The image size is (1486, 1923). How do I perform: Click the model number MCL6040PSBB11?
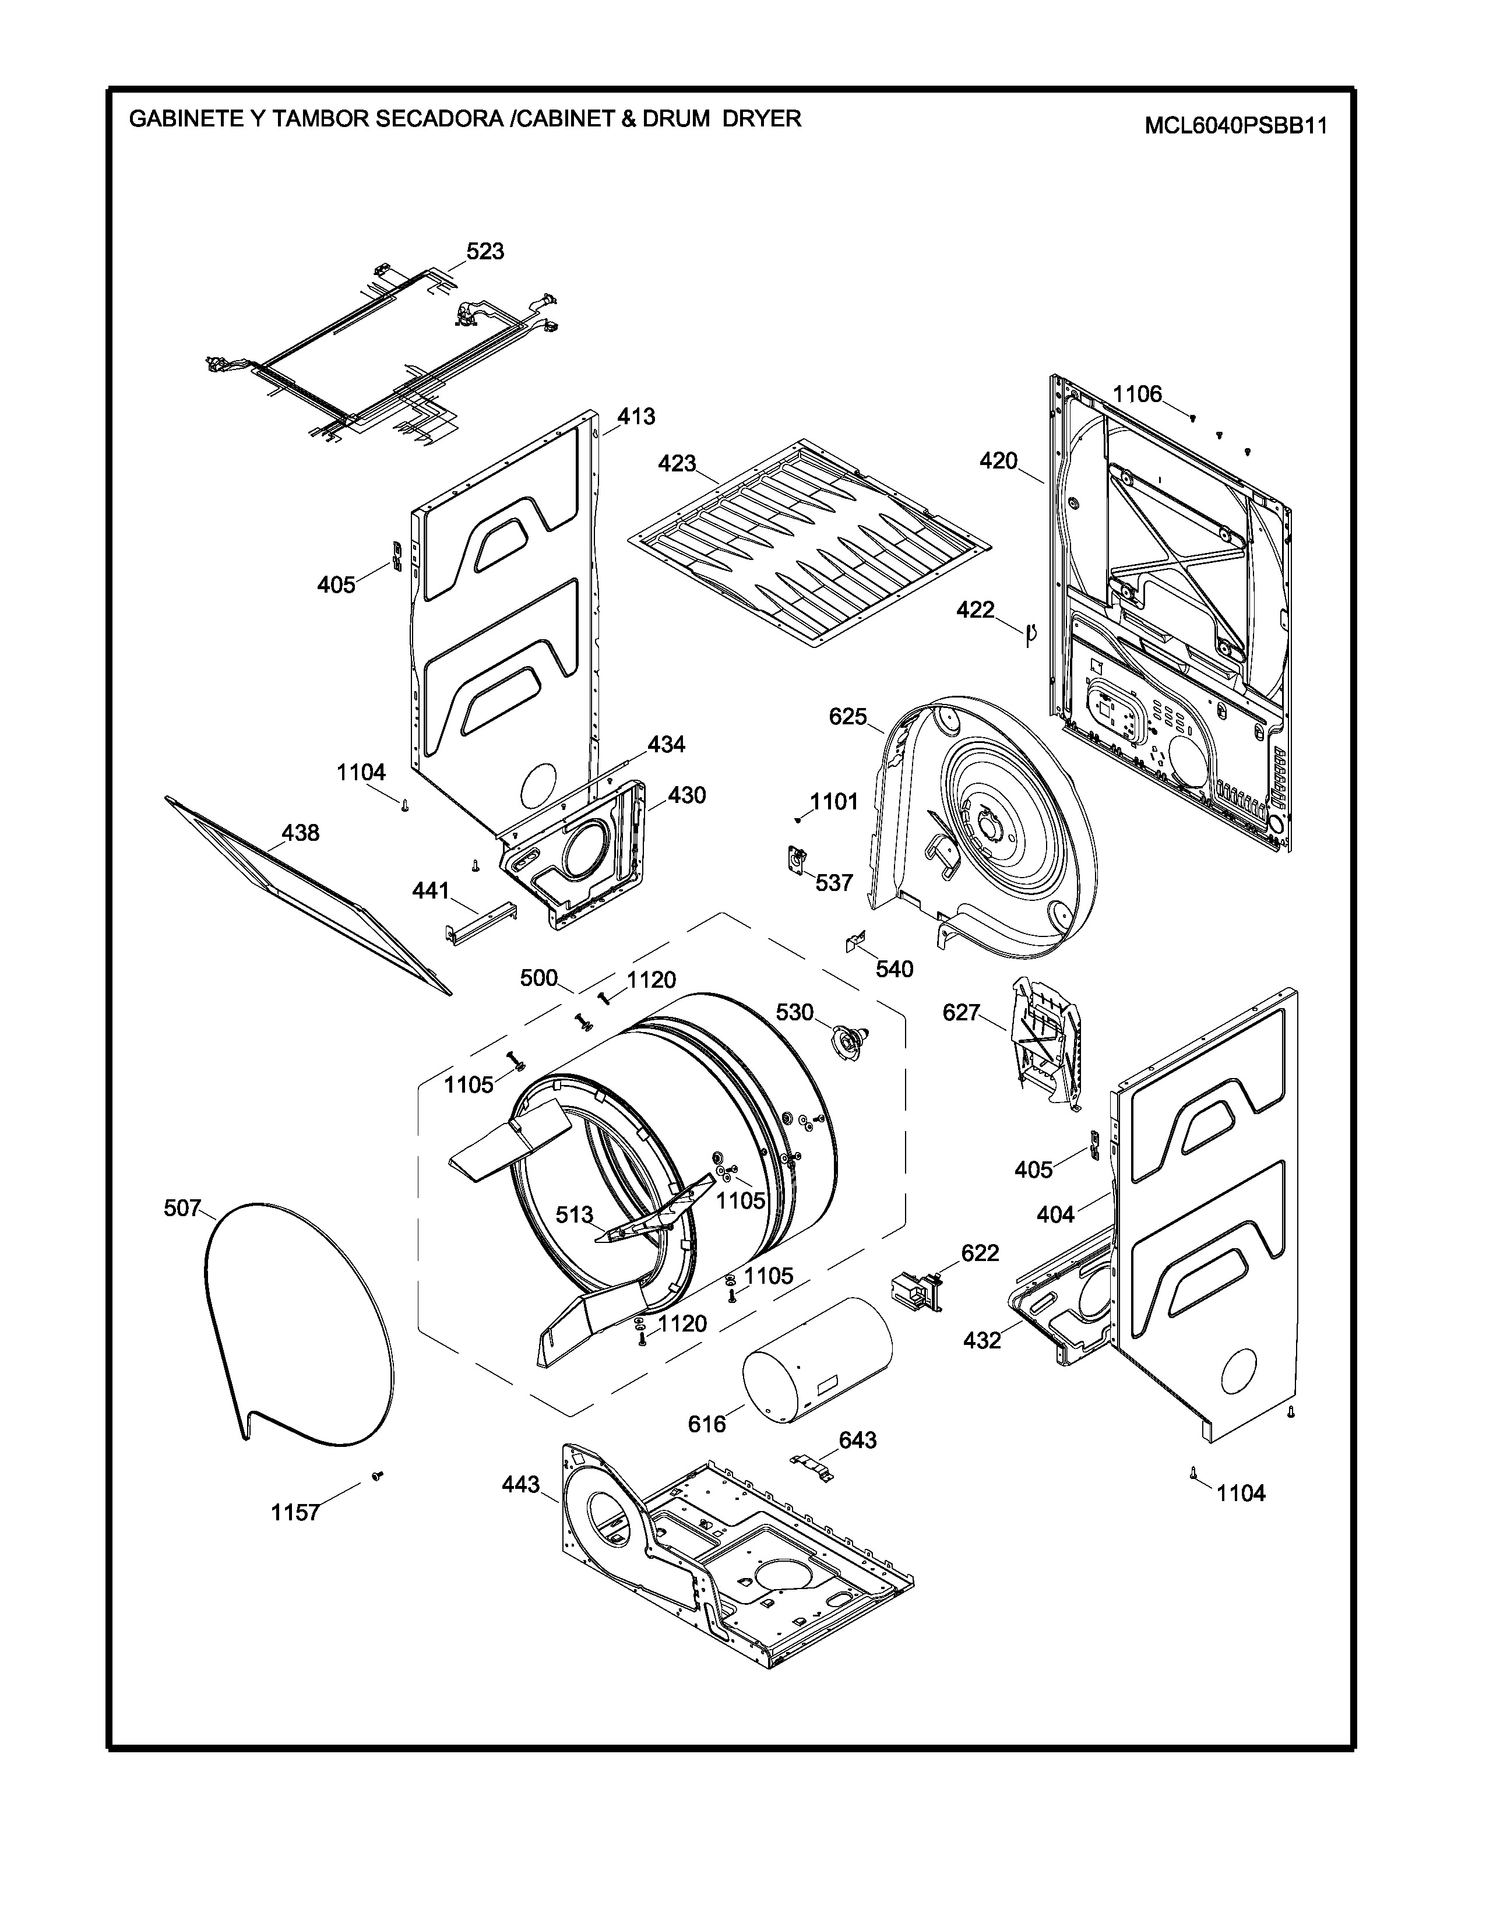tap(1235, 126)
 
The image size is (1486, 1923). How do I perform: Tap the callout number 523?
tap(485, 252)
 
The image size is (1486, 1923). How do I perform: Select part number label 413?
tap(636, 417)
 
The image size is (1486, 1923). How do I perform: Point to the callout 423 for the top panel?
tap(677, 463)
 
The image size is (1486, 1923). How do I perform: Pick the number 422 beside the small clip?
tap(976, 610)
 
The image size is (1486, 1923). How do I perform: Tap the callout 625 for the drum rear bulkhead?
tap(848, 717)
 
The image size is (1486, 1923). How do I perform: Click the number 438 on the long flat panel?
tap(300, 832)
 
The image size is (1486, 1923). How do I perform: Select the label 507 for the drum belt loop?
tap(182, 1208)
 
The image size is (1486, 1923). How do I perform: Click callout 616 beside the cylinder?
tap(707, 1424)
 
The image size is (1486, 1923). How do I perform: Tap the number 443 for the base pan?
tap(520, 1485)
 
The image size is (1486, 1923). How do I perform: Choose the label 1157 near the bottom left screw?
tap(295, 1513)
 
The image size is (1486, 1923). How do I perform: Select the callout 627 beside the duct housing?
tap(962, 1013)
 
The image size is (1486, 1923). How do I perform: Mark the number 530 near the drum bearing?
tap(794, 1013)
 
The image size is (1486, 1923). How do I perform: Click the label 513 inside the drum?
tap(575, 1215)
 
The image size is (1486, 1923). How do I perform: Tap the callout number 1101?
tap(834, 801)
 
